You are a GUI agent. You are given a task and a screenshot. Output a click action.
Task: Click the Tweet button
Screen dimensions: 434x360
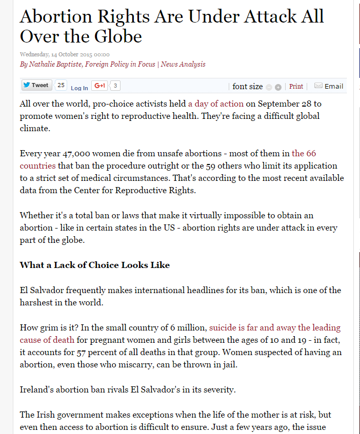tap(35, 86)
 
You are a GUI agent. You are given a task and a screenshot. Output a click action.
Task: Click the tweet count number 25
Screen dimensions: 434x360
tap(61, 86)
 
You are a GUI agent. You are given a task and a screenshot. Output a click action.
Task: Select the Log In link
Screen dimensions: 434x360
tap(79, 88)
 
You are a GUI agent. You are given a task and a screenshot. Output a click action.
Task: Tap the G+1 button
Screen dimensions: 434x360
tap(99, 86)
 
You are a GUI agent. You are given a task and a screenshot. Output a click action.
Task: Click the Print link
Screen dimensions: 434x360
tap(296, 87)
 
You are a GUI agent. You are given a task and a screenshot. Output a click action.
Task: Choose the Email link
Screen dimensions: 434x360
tap(334, 86)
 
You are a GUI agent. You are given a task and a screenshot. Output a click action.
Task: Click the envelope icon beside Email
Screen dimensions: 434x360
tap(318, 86)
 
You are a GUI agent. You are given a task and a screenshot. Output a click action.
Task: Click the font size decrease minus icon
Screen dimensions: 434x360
tap(269, 87)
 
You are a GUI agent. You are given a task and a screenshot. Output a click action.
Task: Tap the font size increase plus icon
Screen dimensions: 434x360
tap(278, 87)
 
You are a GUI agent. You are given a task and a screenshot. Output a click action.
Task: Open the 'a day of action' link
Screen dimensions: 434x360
tap(215, 104)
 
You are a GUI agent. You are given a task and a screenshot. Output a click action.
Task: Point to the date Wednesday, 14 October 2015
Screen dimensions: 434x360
tap(64, 54)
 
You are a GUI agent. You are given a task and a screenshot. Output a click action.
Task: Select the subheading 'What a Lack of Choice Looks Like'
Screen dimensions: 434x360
tap(94, 265)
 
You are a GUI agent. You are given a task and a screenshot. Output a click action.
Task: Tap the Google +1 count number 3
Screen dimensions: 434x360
tap(115, 86)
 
